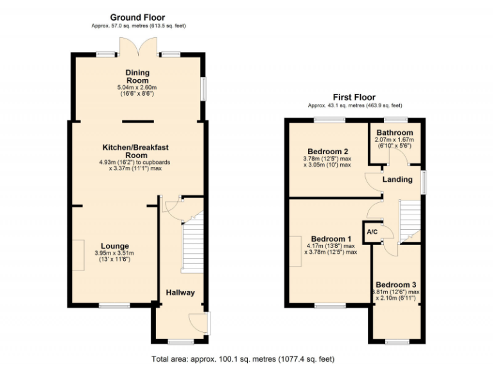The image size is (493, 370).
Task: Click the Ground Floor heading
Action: tap(137, 17)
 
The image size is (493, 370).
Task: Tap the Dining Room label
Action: tap(137, 76)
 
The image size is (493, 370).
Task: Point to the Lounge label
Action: tap(115, 246)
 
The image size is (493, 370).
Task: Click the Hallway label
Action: tap(180, 293)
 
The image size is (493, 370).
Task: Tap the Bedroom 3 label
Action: tap(397, 285)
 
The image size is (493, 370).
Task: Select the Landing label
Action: tap(397, 179)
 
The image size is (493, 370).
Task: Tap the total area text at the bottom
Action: tap(243, 358)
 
